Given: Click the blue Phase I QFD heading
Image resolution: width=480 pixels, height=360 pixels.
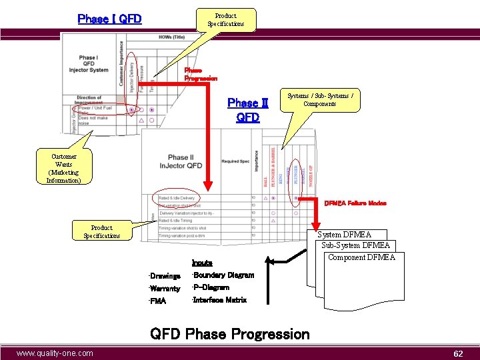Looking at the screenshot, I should point(109,19).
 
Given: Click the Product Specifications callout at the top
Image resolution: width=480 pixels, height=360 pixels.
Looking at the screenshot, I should point(225,20).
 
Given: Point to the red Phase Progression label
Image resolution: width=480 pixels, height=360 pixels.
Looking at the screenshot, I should point(201,74).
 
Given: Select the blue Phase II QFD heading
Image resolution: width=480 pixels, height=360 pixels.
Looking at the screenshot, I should point(247,110).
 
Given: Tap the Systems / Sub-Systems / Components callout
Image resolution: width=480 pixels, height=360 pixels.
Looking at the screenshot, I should point(319,100).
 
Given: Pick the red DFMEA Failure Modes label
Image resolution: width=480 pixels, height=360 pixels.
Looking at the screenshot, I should point(355,203).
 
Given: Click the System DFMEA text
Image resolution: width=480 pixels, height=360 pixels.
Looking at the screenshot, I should point(344,235).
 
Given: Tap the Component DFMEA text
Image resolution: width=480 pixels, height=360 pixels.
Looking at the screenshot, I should point(361,257).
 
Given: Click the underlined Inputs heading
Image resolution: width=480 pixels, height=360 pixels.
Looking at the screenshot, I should point(202,263).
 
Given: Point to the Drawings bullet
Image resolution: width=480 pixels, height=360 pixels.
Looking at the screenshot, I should point(165,276).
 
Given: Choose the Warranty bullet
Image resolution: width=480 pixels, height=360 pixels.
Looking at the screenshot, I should point(165,289).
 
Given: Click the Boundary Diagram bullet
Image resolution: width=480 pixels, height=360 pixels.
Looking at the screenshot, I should point(223,275).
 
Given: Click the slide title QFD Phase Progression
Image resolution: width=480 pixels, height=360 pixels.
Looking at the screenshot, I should point(230,333).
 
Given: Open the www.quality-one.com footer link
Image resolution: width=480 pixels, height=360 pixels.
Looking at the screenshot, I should point(55,353).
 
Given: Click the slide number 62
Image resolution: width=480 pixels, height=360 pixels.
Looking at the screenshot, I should point(458,354).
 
